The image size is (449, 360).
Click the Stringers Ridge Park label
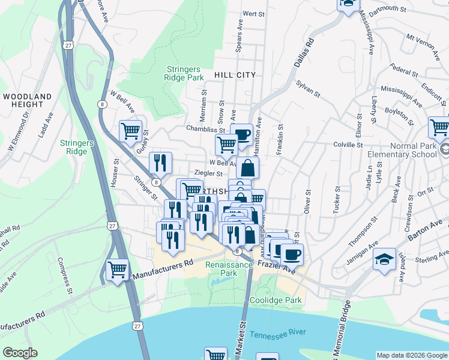pos(184,73)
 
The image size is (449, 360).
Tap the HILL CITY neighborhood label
pos(235,75)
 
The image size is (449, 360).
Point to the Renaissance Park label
pos(225,268)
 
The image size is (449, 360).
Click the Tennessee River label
pos(278,334)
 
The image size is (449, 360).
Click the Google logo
pos(20,353)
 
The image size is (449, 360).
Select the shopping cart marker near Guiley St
pos(131,130)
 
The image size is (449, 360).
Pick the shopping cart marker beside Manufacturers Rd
pos(117,269)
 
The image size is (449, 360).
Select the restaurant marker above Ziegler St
pos(160,162)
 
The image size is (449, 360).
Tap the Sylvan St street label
pos(308,90)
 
